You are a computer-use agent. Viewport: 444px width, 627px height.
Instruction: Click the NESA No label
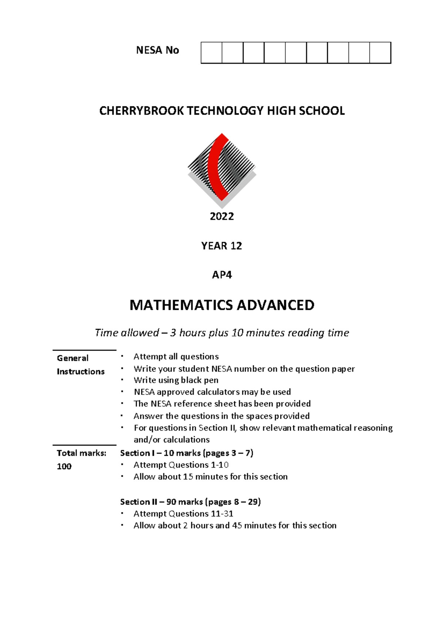click(x=157, y=50)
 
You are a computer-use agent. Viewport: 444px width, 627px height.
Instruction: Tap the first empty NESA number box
click(x=212, y=53)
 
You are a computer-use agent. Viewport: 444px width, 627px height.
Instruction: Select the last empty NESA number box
click(x=380, y=53)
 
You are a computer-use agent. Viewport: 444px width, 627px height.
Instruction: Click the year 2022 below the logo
click(x=222, y=217)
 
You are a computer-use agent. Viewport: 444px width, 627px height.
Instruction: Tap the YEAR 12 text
click(x=221, y=246)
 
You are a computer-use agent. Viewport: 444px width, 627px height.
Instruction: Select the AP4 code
click(x=222, y=275)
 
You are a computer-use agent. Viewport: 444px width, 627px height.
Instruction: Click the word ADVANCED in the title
click(x=275, y=305)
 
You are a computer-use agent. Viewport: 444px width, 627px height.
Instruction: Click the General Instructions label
click(x=80, y=365)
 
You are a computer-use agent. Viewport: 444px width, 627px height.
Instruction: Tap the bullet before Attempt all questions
click(x=122, y=356)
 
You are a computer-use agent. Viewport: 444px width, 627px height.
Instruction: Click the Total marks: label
click(x=81, y=453)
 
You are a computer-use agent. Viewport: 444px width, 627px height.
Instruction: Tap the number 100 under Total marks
click(x=64, y=467)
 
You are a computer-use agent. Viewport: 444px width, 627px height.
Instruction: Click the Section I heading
click(x=186, y=453)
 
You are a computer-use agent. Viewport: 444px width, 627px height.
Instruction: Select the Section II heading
click(x=190, y=502)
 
